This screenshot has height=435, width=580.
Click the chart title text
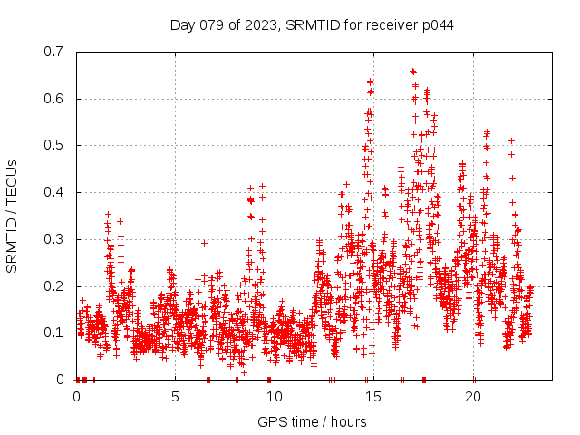(x=312, y=24)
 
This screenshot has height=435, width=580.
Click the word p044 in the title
(x=436, y=24)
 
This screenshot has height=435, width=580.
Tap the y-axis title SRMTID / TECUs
(x=12, y=216)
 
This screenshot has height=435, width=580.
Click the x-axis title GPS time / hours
(x=312, y=421)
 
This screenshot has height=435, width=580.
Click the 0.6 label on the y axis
(x=56, y=98)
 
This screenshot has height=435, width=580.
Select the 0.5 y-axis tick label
(x=56, y=145)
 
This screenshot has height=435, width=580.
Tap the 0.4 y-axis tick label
(x=56, y=192)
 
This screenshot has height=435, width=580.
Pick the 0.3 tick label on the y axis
(x=56, y=239)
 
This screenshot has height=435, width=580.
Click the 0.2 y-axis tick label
(x=56, y=286)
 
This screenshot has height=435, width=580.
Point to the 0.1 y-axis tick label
(x=56, y=333)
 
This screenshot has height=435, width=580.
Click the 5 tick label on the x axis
(x=176, y=397)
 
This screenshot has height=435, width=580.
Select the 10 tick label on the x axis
(x=275, y=397)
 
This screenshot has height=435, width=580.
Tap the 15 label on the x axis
(x=374, y=397)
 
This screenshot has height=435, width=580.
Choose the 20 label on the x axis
(x=473, y=397)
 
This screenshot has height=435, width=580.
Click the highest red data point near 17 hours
(x=413, y=71)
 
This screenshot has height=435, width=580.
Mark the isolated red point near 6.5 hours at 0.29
(x=204, y=243)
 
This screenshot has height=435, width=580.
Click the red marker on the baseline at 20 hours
(x=474, y=380)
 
